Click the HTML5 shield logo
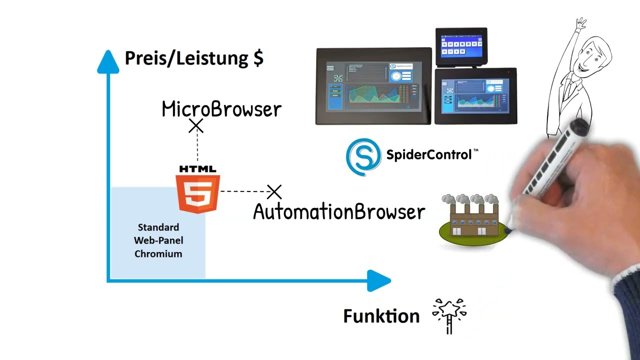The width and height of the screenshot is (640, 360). coord(198,192)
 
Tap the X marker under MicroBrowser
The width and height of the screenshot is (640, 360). coord(196,126)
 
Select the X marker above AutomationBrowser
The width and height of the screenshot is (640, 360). coord(274,191)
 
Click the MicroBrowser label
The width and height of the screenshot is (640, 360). coord(221,109)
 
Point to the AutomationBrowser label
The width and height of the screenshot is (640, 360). coord(339,212)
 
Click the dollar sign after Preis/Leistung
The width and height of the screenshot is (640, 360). coord(258,58)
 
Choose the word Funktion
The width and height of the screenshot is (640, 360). coord(381,316)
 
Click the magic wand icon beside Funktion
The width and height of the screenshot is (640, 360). coord(449,315)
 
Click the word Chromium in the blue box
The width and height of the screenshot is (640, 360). coord(158,254)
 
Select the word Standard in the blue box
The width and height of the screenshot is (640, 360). coord(158,227)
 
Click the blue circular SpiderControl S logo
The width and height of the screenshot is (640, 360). coord(363,157)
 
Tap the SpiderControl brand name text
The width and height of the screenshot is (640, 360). coord(429,154)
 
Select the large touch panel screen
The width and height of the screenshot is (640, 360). coord(373,86)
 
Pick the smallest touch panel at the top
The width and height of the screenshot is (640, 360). coord(461,46)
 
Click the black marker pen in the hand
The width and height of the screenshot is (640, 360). coord(550,160)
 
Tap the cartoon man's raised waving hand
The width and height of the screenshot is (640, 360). coord(580,23)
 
